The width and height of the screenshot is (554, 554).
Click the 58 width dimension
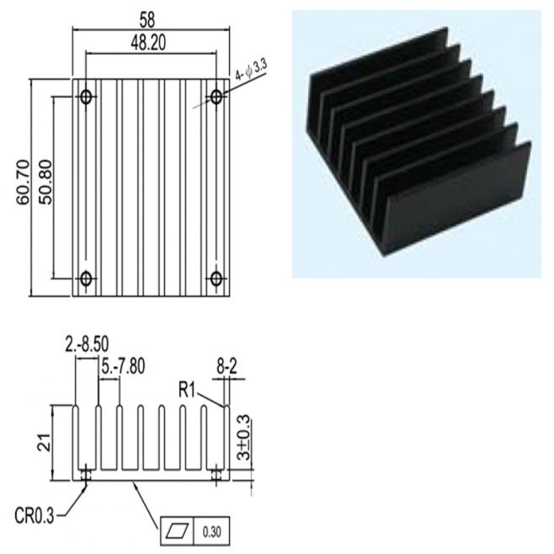pos(147,20)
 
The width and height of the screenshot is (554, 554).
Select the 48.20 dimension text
pos(148,43)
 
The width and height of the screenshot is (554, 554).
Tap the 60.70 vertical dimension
pos(24,183)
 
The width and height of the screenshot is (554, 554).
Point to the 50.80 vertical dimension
pos(45,183)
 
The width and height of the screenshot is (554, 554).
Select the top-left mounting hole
pos(86,97)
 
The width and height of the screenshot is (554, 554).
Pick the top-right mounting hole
pos(216,97)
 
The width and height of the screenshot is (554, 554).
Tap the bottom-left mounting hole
pos(86,279)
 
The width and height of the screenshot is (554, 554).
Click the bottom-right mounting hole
pos(216,279)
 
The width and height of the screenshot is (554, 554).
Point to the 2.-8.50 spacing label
pos(87,345)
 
